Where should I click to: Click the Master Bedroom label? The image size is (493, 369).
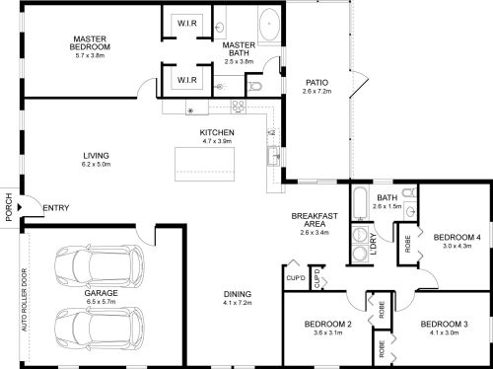coord(90,43)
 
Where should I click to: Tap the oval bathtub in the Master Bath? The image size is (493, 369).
coord(269,24)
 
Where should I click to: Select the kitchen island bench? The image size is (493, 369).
coord(204,164)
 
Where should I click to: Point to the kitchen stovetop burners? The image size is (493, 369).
coord(239,106)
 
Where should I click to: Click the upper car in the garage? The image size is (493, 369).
coord(100,264)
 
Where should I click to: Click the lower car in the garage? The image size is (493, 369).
coord(100,328)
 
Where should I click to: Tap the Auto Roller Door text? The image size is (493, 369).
coord(25,300)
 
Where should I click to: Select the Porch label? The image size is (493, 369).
coord(9,207)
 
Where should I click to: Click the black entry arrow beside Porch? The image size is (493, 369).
coord(20,207)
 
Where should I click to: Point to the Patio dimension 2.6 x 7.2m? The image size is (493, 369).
coord(317,91)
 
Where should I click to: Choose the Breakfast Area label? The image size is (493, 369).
coord(315,220)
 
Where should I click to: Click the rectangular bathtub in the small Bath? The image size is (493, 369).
coord(360,203)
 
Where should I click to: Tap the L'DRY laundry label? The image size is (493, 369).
coord(374,244)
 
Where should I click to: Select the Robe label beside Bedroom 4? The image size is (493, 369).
coord(408,244)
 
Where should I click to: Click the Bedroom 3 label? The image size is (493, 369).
coord(444,325)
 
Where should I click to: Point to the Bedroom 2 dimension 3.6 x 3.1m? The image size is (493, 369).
coord(328,332)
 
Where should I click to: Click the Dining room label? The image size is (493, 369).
coord(238,294)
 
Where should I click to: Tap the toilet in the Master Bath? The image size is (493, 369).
coord(255,86)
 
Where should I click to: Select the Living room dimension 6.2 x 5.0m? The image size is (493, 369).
coord(96,164)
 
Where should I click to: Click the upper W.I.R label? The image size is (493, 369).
coord(187,24)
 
